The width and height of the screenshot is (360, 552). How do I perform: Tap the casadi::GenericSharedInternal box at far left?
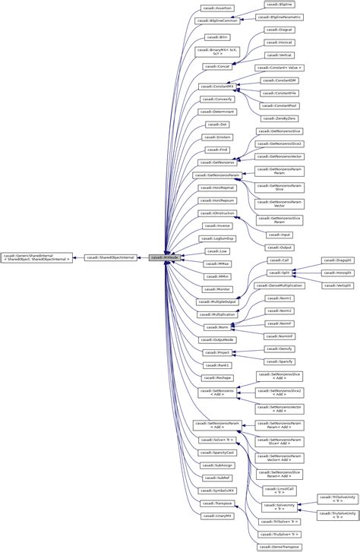point(36,257)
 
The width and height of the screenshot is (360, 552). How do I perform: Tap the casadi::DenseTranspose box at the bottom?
point(279,547)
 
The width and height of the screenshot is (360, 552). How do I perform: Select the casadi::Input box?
point(274,235)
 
